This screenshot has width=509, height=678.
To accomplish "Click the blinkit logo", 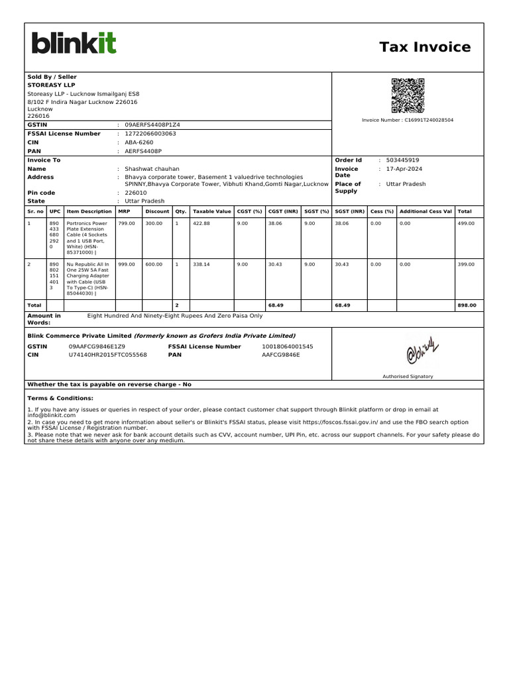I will click(74, 44).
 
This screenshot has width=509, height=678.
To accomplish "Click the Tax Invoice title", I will click(425, 47).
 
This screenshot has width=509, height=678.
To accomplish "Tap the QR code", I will click(408, 96).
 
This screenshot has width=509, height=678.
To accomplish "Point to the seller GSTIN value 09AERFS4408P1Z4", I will click(152, 124).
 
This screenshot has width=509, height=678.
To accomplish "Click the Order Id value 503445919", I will click(402, 160).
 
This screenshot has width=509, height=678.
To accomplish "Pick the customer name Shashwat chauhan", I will click(152, 169).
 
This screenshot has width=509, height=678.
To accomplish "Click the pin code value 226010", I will click(136, 193).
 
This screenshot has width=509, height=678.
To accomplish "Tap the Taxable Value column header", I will click(211, 211).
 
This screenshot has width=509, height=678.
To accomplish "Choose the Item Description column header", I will click(89, 211).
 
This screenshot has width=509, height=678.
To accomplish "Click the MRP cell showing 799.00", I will click(127, 224).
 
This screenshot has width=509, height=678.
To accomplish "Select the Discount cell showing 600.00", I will click(154, 264).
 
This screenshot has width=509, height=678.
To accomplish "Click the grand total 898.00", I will click(467, 305).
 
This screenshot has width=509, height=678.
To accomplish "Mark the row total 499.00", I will click(466, 224).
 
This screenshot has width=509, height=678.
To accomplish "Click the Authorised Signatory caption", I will click(408, 376).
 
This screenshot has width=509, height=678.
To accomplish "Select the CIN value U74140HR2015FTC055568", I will click(108, 355).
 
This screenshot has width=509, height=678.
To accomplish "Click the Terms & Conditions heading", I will click(60, 399).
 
